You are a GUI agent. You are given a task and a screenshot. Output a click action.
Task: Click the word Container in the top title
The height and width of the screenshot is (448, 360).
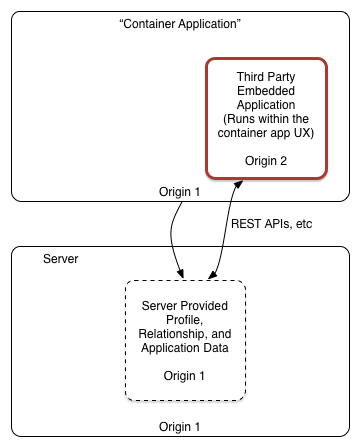pos(148,24)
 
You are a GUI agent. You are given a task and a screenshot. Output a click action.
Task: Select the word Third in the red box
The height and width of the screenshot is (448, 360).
pos(248,77)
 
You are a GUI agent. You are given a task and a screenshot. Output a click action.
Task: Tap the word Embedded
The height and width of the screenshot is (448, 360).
pos(266,91)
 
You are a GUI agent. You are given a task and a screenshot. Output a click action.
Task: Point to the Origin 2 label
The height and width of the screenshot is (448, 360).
pos(266,161)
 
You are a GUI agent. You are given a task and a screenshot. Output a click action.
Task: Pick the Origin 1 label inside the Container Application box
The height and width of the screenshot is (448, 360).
pos(179,192)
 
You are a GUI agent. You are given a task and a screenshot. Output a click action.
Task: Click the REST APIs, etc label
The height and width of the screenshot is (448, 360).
pos(272,224)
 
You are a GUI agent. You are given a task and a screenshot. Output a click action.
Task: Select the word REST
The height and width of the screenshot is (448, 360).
pos(246,224)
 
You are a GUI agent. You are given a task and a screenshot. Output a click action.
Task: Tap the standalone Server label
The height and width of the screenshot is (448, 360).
pos(61,259)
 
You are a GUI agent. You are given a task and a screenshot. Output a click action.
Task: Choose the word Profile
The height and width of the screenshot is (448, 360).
pos(184,320)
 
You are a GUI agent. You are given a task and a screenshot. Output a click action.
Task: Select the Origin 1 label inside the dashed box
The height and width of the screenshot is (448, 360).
pos(184,376)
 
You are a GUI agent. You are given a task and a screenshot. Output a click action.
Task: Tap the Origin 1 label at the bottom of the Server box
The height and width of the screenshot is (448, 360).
pos(179,427)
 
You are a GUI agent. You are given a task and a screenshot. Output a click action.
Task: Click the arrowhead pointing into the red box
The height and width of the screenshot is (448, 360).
pos(238,185)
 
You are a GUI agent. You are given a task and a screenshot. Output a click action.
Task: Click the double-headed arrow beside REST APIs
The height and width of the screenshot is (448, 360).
pos(224,230)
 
